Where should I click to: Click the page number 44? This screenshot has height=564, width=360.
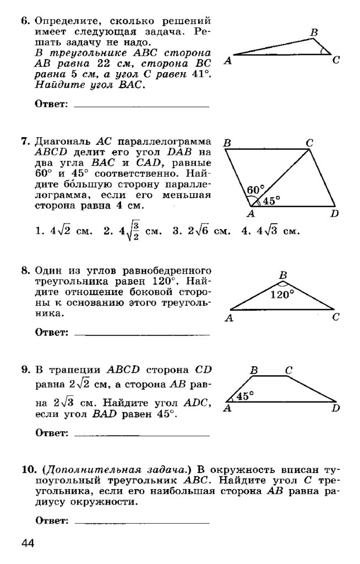click(x=28, y=544)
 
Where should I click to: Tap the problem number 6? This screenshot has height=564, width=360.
click(x=25, y=23)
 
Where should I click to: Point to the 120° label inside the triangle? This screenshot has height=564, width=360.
click(x=282, y=294)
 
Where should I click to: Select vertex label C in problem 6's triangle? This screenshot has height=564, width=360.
click(x=335, y=61)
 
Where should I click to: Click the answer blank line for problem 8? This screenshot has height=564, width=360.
click(x=141, y=334)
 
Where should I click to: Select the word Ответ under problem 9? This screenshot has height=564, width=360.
click(x=51, y=434)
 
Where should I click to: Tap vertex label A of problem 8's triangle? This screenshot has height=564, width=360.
click(x=228, y=318)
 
